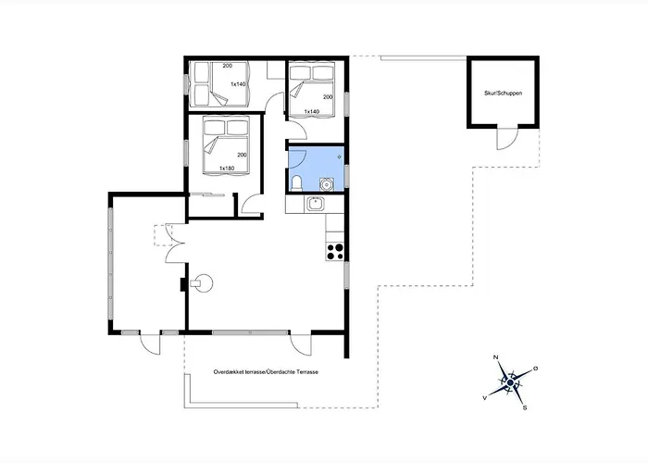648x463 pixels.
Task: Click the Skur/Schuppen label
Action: click(x=503, y=94)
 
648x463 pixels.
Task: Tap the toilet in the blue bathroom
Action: click(x=297, y=183)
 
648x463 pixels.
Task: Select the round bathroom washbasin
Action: click(x=327, y=184)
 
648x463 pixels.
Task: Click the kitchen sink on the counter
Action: click(x=316, y=204)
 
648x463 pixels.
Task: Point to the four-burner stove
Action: click(x=335, y=252)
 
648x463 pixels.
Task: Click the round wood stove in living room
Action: click(x=203, y=283)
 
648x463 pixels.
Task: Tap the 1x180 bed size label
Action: click(x=227, y=169)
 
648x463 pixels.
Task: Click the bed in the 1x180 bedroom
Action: click(x=226, y=145)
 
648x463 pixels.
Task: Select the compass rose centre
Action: click(x=510, y=383)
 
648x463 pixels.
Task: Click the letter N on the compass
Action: click(x=496, y=357)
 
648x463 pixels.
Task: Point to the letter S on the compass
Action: click(x=525, y=408)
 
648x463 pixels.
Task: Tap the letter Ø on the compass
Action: click(x=536, y=368)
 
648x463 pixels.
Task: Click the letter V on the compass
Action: click(x=484, y=397)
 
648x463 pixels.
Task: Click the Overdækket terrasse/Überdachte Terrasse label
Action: click(x=266, y=372)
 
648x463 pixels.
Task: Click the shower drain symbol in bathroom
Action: click(x=340, y=157)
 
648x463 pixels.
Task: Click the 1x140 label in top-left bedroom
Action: click(x=238, y=84)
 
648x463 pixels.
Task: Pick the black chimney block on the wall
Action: click(x=182, y=284)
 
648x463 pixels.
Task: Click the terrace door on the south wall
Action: click(x=301, y=344)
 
